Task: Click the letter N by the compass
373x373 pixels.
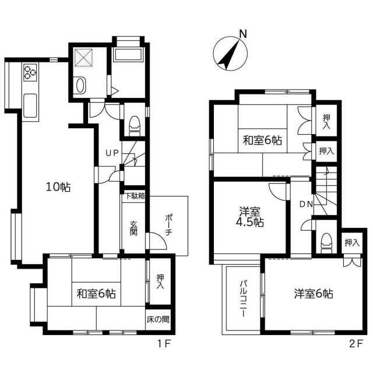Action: pos(243,34)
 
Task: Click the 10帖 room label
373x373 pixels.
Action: pos(58,187)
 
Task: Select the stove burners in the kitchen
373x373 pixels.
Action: pos(30,72)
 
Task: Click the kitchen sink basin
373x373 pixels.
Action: pos(30,105)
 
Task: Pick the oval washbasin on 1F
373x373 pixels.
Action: pos(80,85)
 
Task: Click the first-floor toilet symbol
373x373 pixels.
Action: pos(135,126)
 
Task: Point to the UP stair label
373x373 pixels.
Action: pos(112,153)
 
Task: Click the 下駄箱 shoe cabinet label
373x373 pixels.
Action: pos(135,196)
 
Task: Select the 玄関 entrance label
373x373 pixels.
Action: pos(133,228)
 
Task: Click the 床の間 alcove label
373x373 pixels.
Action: pos(158,319)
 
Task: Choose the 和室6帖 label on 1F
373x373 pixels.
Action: pos(96,294)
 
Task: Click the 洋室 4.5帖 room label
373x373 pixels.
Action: pos(250,217)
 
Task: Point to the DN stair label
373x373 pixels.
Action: pos(307,204)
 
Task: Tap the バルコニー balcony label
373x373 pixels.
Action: pos(243,298)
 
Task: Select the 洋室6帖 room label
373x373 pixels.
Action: pos(314,294)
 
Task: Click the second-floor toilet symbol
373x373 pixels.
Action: pos(326,243)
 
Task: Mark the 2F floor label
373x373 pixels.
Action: pos(356,343)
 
